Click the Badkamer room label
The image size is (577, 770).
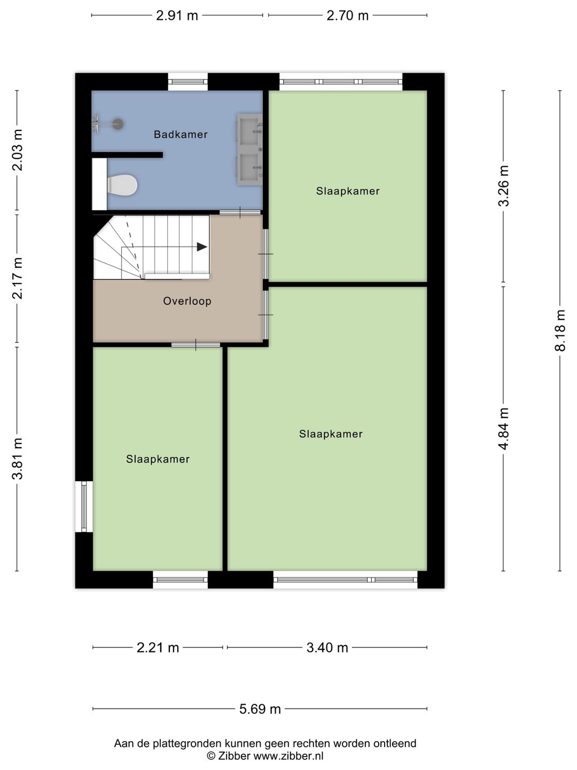tap(181, 134)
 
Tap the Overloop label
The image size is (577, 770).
tap(187, 301)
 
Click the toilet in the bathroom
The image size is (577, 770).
tap(122, 184)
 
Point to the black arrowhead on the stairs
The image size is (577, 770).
tap(202, 247)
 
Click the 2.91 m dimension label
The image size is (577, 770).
tap(177, 16)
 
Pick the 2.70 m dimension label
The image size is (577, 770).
tap(347, 16)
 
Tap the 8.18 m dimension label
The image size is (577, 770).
tap(560, 330)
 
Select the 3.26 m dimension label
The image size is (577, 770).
tap(504, 186)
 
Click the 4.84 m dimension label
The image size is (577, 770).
tap(504, 429)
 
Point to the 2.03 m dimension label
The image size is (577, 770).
tap(17, 150)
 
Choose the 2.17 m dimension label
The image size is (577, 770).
tap(17, 278)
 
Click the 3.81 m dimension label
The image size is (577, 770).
tap(17, 458)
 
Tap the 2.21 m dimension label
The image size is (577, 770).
tap(158, 648)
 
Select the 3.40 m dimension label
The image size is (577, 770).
tap(327, 648)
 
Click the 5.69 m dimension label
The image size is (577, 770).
tap(260, 710)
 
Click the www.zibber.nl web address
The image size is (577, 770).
tap(288, 756)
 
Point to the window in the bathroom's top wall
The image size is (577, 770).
tap(188, 82)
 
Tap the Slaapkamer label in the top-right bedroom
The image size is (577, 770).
tap(348, 191)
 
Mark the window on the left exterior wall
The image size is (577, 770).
tap(84, 506)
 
